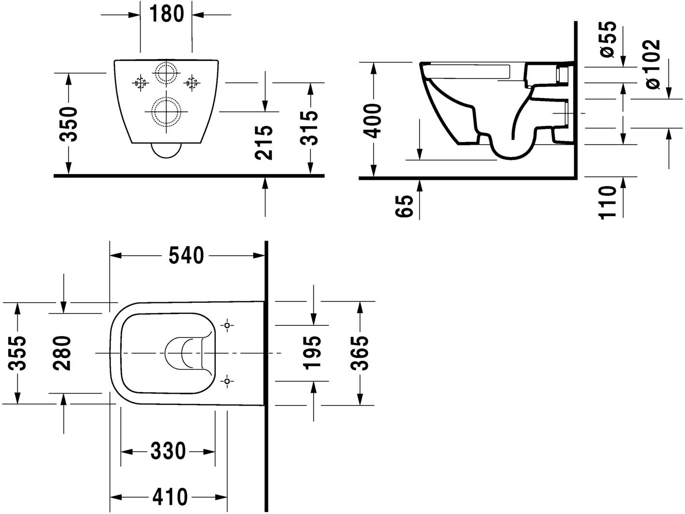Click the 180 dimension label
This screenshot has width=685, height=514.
(x=166, y=14)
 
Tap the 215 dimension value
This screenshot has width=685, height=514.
(x=264, y=143)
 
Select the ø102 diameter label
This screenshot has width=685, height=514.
(x=653, y=64)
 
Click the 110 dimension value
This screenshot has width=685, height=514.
(x=609, y=202)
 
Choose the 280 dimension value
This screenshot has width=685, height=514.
(x=63, y=353)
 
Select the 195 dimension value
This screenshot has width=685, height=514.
(x=313, y=353)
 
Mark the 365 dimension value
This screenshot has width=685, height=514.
(x=360, y=353)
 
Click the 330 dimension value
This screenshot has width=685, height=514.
(x=168, y=451)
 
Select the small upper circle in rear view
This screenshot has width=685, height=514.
(x=166, y=74)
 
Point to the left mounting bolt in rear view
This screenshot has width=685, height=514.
(x=140, y=83)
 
